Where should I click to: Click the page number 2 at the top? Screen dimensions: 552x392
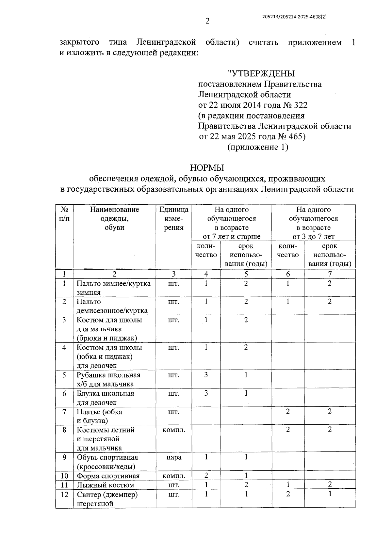pyautogui.click(x=207, y=22)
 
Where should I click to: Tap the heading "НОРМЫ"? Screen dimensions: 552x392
pyautogui.click(x=207, y=168)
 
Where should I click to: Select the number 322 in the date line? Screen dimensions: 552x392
pyautogui.click(x=301, y=105)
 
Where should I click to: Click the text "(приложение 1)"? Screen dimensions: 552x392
pyautogui.click(x=258, y=147)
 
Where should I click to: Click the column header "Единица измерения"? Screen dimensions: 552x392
pyautogui.click(x=173, y=218)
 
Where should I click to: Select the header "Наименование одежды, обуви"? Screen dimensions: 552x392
pyautogui.click(x=114, y=218)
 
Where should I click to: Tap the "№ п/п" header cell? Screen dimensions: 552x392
pyautogui.click(x=64, y=214)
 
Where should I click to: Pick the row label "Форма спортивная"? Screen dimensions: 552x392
pyautogui.click(x=108, y=476)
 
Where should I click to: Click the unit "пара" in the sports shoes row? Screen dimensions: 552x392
pyautogui.click(x=173, y=457)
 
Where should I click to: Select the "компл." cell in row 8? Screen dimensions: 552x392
pyautogui.click(x=173, y=430)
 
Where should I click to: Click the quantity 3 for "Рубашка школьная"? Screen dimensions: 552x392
pyautogui.click(x=206, y=375)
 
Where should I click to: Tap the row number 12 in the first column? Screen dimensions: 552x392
pyautogui.click(x=64, y=495)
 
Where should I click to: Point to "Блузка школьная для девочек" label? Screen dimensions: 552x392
pyautogui.click(x=105, y=398)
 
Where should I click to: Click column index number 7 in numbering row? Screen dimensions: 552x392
pyautogui.click(x=330, y=274)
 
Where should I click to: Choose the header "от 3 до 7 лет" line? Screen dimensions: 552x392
pyautogui.click(x=313, y=236)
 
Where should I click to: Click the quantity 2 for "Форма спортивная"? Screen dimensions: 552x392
pyautogui.click(x=206, y=476)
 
